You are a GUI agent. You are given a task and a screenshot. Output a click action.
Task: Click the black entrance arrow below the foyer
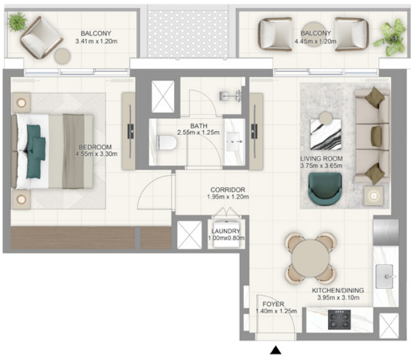[275, 350]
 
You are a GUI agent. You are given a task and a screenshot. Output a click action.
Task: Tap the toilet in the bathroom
[166, 142]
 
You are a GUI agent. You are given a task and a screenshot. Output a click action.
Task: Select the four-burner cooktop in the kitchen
[339, 319]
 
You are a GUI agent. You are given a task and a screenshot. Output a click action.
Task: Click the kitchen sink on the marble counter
[385, 276]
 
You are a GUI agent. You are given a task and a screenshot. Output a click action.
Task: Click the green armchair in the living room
[325, 188]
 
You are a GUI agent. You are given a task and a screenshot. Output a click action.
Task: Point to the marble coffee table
[326, 134]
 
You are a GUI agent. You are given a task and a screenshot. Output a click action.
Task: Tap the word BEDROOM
[95, 147]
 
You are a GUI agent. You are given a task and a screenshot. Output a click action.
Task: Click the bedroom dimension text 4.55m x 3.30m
[96, 154]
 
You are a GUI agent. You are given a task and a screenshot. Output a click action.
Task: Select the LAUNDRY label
[226, 231]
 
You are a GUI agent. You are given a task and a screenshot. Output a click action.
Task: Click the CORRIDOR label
[228, 190]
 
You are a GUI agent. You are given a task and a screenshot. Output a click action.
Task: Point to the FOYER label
[273, 304]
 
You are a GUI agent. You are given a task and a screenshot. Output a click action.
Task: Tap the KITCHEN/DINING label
[338, 291]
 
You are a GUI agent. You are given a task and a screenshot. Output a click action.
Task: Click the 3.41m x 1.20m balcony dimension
[96, 42]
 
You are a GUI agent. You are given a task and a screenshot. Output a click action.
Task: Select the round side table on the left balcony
[62, 56]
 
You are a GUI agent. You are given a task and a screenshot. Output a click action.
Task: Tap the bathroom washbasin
[235, 142]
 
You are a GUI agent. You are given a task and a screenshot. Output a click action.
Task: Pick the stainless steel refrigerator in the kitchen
[386, 232]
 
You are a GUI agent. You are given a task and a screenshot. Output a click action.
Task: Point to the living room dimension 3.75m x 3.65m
[321, 166]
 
